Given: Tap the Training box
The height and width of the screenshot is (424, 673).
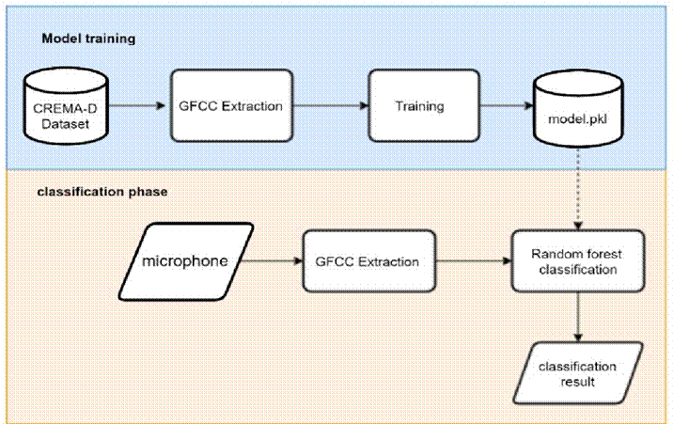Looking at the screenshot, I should pos(418,106).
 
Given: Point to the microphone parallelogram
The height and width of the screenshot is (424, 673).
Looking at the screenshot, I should pos(185,259).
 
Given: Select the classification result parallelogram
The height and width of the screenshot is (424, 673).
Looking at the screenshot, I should pos(576,374).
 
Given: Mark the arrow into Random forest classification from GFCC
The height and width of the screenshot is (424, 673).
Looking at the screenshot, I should pos(474,260).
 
